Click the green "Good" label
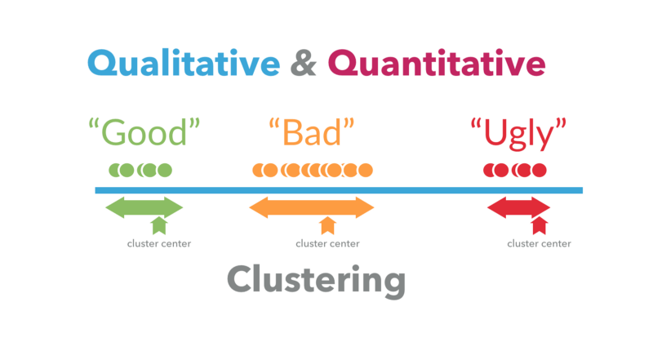pyautogui.click(x=144, y=132)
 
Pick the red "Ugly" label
pyautogui.click(x=518, y=132)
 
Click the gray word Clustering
pyautogui.click(x=316, y=280)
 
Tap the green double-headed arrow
pyautogui.click(x=144, y=207)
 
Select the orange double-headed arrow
pyautogui.click(x=311, y=207)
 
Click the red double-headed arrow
pyautogui.click(x=518, y=207)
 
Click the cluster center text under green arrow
pyautogui.click(x=159, y=243)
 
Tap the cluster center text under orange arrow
pyautogui.click(x=327, y=243)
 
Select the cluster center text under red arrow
pyautogui.click(x=539, y=243)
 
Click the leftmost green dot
pyautogui.click(x=116, y=171)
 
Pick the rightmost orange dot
pyautogui.click(x=365, y=171)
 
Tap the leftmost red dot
pyautogui.click(x=491, y=171)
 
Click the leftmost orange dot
pyautogui.click(x=259, y=171)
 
